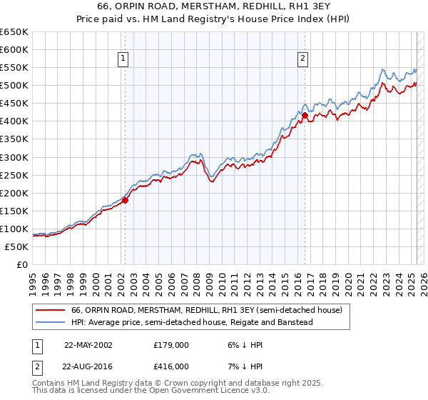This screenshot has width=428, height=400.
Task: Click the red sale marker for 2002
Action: click(x=125, y=201)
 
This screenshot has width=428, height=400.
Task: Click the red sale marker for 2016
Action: click(x=305, y=115)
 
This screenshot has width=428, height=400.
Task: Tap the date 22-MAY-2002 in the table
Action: click(x=88, y=344)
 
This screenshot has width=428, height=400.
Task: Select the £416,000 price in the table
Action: click(x=172, y=366)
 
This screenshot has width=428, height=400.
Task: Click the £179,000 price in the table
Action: click(x=172, y=344)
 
